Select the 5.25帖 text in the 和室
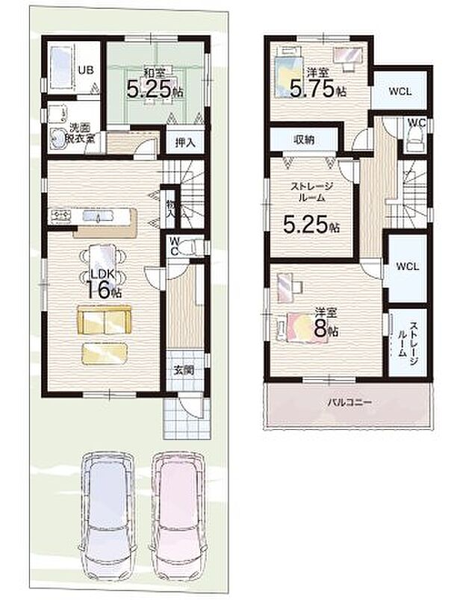click(155, 91)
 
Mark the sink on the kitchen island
click(98, 217)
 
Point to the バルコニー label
click(349, 402)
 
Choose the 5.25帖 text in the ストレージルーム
click(309, 222)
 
